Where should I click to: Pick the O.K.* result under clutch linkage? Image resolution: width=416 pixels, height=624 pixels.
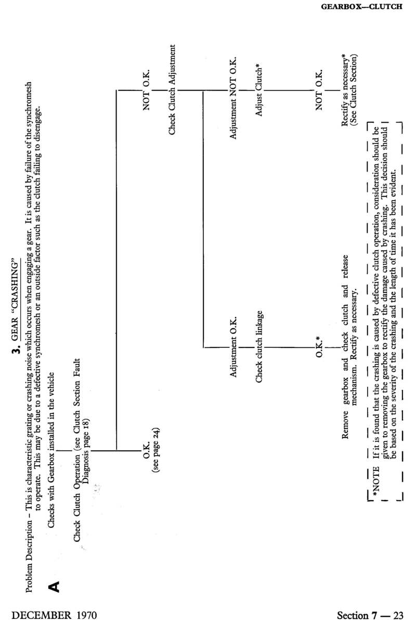point(318,347)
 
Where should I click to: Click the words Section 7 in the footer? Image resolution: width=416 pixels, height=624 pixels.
point(358,615)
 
